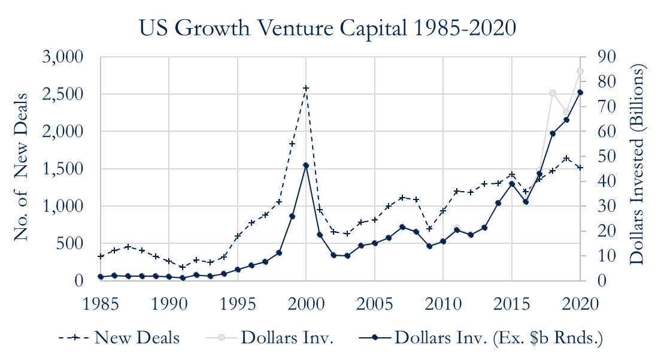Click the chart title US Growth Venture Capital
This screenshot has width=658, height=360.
(328, 28)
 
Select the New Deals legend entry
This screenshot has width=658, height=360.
(119, 338)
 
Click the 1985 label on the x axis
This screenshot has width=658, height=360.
(100, 302)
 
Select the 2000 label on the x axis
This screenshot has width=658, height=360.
(306, 302)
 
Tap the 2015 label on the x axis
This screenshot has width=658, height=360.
(512, 302)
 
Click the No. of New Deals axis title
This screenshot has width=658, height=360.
(22, 167)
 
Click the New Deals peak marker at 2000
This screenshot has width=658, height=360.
(306, 88)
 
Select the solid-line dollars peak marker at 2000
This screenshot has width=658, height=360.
(306, 165)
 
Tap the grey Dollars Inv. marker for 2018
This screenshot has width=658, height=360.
(553, 93)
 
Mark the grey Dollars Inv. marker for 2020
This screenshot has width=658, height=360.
(580, 71)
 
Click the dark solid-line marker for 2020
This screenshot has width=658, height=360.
(580, 92)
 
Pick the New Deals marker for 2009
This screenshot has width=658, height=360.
(429, 228)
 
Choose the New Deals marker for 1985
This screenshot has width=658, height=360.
(101, 256)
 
